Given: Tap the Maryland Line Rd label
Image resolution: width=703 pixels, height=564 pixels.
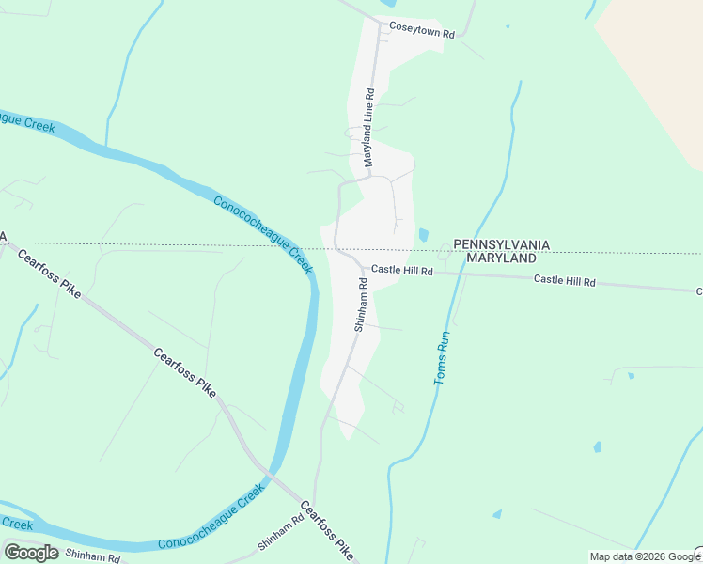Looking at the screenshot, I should pyautogui.click(x=369, y=128).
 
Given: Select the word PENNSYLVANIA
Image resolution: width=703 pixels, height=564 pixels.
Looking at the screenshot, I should pyautogui.click(x=501, y=244).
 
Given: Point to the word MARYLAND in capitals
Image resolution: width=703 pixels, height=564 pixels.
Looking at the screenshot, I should pyautogui.click(x=501, y=258).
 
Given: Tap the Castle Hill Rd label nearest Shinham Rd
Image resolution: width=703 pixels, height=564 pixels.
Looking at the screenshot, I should pyautogui.click(x=401, y=270).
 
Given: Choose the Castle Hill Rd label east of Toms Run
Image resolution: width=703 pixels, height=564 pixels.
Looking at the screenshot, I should pyautogui.click(x=565, y=280).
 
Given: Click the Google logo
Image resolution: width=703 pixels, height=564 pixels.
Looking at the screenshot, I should pyautogui.click(x=31, y=553).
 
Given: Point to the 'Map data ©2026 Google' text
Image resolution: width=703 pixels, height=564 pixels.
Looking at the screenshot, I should pyautogui.click(x=646, y=556).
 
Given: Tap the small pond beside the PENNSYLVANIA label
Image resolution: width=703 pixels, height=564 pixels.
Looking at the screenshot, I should pyautogui.click(x=423, y=234).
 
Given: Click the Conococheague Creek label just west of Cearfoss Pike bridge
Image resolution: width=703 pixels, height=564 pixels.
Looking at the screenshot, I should pyautogui.click(x=207, y=520).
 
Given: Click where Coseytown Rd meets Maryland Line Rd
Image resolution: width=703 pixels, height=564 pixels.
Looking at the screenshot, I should pyautogui.click(x=380, y=24).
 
